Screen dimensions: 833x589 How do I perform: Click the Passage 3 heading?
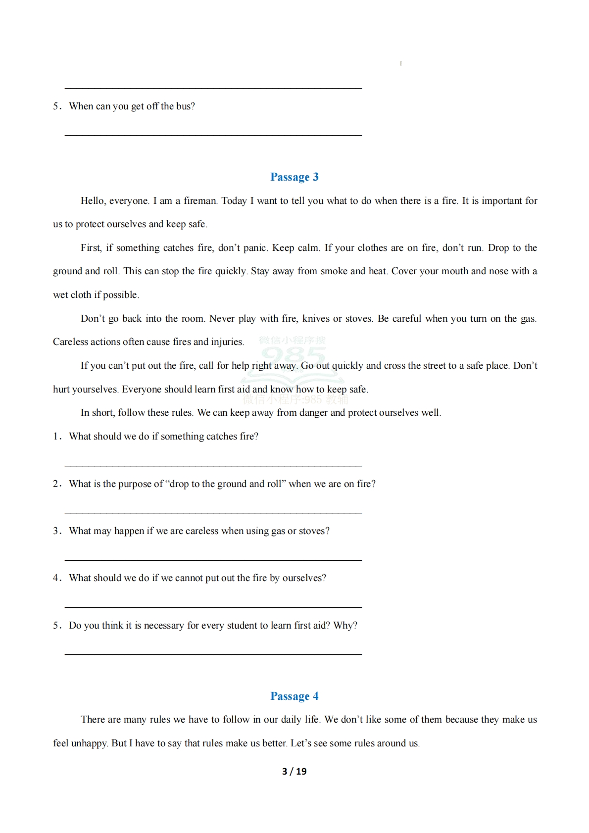coord(294,177)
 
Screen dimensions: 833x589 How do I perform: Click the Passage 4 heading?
coord(294,696)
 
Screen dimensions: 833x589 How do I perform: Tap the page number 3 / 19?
coord(294,771)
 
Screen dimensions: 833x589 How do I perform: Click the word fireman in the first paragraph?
coord(200,200)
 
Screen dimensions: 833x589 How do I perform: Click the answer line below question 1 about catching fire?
coord(213,465)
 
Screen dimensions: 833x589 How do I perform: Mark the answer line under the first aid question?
coord(213,654)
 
